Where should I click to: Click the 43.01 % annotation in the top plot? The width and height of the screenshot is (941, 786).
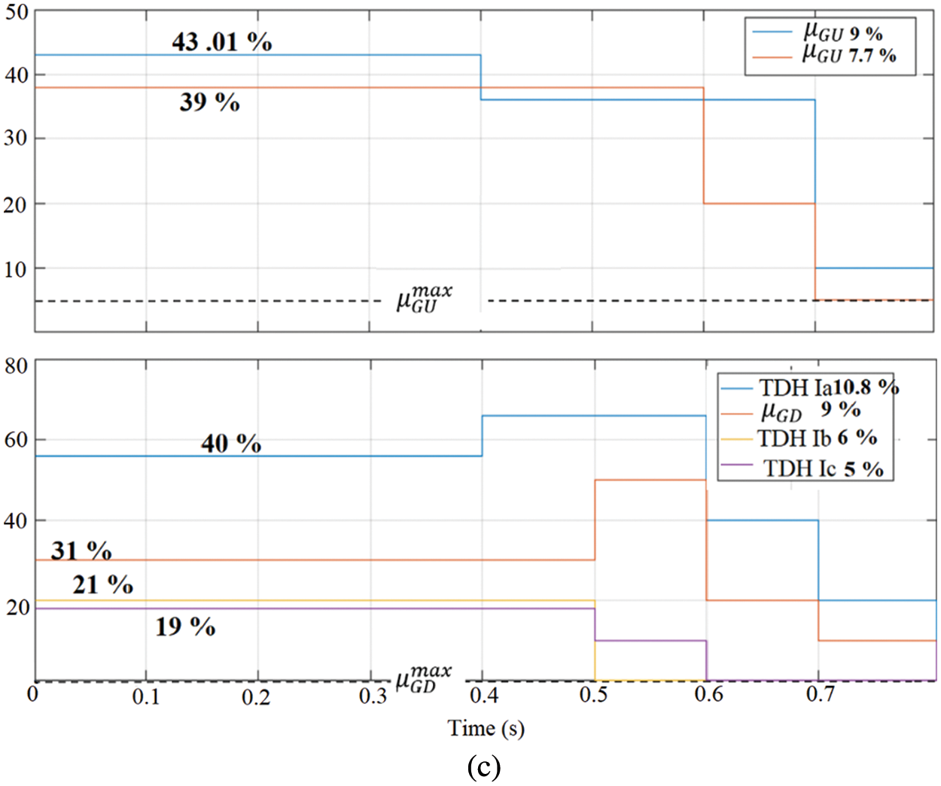[x=221, y=41]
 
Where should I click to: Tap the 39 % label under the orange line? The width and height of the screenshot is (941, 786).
[x=209, y=102]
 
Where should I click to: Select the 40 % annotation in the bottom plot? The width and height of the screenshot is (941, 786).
[x=231, y=443]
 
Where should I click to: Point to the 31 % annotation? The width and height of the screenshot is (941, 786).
[x=81, y=551]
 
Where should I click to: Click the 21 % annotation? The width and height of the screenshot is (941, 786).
[x=102, y=584]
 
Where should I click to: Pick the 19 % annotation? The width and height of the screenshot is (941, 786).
[x=185, y=626]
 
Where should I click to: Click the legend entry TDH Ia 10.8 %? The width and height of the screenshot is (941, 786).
[x=828, y=387]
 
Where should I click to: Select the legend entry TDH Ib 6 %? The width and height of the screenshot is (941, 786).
[x=817, y=438]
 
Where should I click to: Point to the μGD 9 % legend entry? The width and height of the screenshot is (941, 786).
[x=810, y=411]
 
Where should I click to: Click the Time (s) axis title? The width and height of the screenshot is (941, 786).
[x=486, y=727]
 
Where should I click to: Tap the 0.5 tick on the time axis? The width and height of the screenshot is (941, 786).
[x=593, y=695]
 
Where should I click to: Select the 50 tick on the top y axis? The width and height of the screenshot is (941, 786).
[x=17, y=14]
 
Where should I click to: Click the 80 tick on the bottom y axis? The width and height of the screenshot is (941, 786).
[x=17, y=367]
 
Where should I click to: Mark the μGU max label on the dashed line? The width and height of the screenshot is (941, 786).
[x=424, y=299]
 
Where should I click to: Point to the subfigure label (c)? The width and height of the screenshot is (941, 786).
[x=483, y=767]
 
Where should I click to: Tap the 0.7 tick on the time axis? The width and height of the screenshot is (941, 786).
[x=820, y=694]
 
